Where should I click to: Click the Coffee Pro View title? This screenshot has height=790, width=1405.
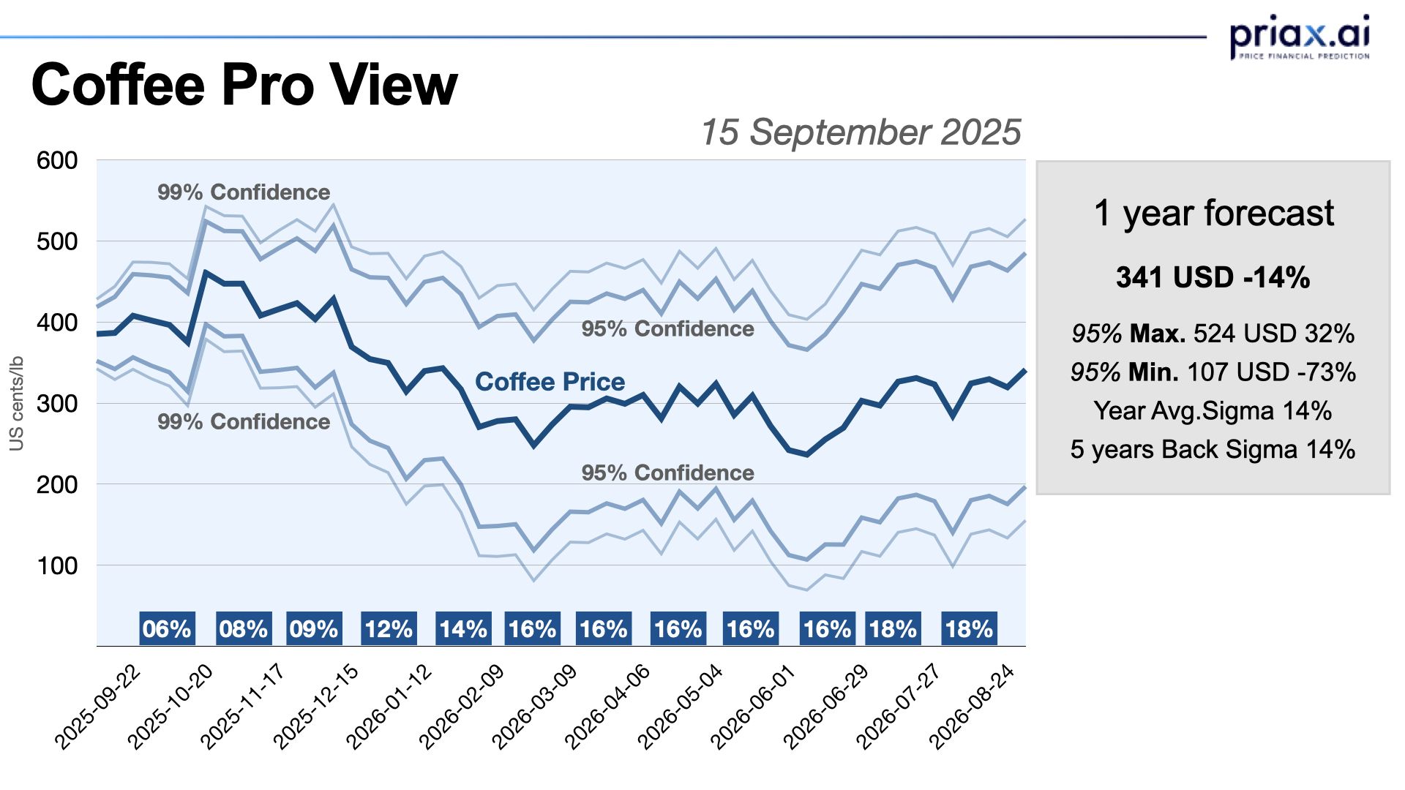pyautogui.click(x=244, y=85)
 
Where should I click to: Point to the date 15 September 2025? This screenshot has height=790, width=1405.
pyautogui.click(x=861, y=132)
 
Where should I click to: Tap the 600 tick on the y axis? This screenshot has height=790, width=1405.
pyautogui.click(x=57, y=160)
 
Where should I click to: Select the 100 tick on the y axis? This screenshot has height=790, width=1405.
pyautogui.click(x=57, y=565)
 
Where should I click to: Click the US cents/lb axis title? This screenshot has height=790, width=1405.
pyautogui.click(x=17, y=403)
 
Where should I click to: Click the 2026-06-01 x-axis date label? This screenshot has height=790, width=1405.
pyautogui.click(x=753, y=706)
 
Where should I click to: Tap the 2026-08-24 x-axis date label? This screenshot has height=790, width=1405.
pyautogui.click(x=972, y=706)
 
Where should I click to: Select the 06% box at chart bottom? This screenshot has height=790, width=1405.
pyautogui.click(x=167, y=629)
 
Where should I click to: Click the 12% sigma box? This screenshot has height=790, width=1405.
pyautogui.click(x=389, y=629)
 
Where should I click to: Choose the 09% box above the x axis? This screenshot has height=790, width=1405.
pyautogui.click(x=313, y=629)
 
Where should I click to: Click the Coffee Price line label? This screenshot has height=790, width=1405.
pyautogui.click(x=550, y=382)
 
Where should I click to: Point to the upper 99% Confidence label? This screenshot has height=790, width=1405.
pyautogui.click(x=244, y=192)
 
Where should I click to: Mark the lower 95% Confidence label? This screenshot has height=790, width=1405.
pyautogui.click(x=667, y=473)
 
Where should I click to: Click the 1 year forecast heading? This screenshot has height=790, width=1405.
pyautogui.click(x=1213, y=214)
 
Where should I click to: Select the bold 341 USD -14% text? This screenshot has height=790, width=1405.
pyautogui.click(x=1213, y=278)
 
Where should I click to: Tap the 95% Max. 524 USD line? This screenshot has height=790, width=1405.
pyautogui.click(x=1213, y=334)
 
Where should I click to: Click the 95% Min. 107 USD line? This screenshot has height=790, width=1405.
pyautogui.click(x=1213, y=372)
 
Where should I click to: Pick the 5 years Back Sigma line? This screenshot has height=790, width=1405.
pyautogui.click(x=1213, y=449)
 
